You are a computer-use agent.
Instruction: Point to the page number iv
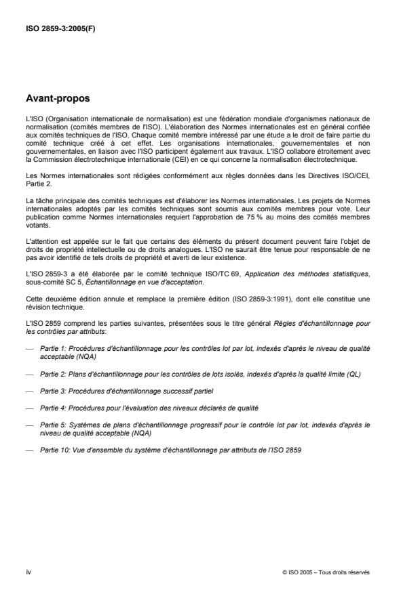click(x=28, y=572)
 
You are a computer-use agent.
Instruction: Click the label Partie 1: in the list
click(x=52, y=347)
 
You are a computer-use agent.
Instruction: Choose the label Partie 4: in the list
click(x=52, y=409)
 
